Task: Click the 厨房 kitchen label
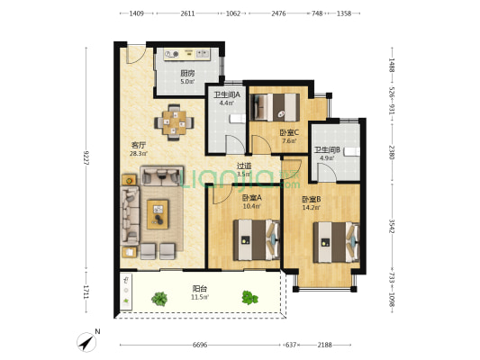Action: tap(187, 74)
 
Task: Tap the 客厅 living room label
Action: tap(139, 145)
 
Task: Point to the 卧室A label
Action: tap(251, 198)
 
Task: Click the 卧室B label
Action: tap(312, 200)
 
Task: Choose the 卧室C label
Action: tap(289, 132)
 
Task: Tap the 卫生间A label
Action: tap(227, 94)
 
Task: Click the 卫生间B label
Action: tap(328, 150)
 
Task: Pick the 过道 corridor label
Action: tap(244, 166)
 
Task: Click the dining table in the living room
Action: tap(174, 122)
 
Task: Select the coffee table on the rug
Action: tap(158, 214)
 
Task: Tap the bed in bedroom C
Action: tap(275, 107)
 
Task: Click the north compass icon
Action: tap(86, 342)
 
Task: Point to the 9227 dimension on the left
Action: tap(86, 157)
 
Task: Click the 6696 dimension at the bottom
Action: tap(200, 345)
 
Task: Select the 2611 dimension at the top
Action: tap(187, 13)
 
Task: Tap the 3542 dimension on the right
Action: tap(392, 226)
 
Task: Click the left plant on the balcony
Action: tap(159, 299)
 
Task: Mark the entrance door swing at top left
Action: tap(137, 55)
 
